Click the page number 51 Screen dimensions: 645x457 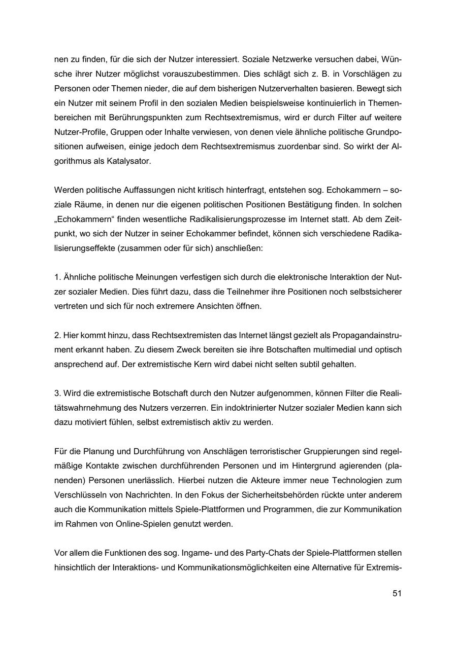(397, 593)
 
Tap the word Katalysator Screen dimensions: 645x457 (129, 161)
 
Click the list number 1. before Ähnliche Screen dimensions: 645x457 (57, 277)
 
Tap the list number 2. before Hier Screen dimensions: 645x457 (57, 335)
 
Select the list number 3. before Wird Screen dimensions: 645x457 (57, 393)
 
